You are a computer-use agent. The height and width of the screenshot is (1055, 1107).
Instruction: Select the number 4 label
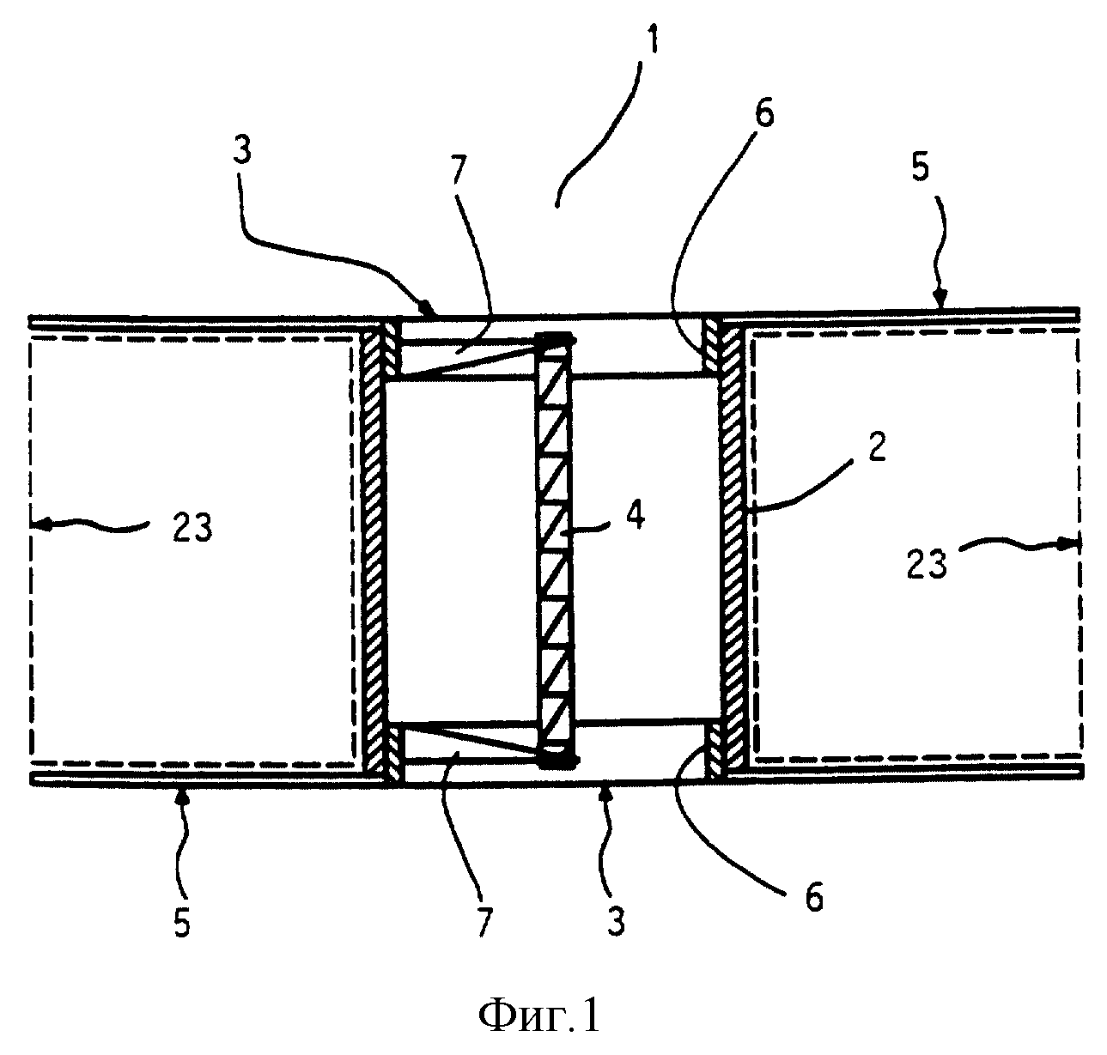pos(636,516)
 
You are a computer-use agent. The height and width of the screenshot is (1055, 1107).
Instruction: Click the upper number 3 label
pos(243,145)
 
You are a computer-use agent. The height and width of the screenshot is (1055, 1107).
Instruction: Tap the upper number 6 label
pos(763,112)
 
